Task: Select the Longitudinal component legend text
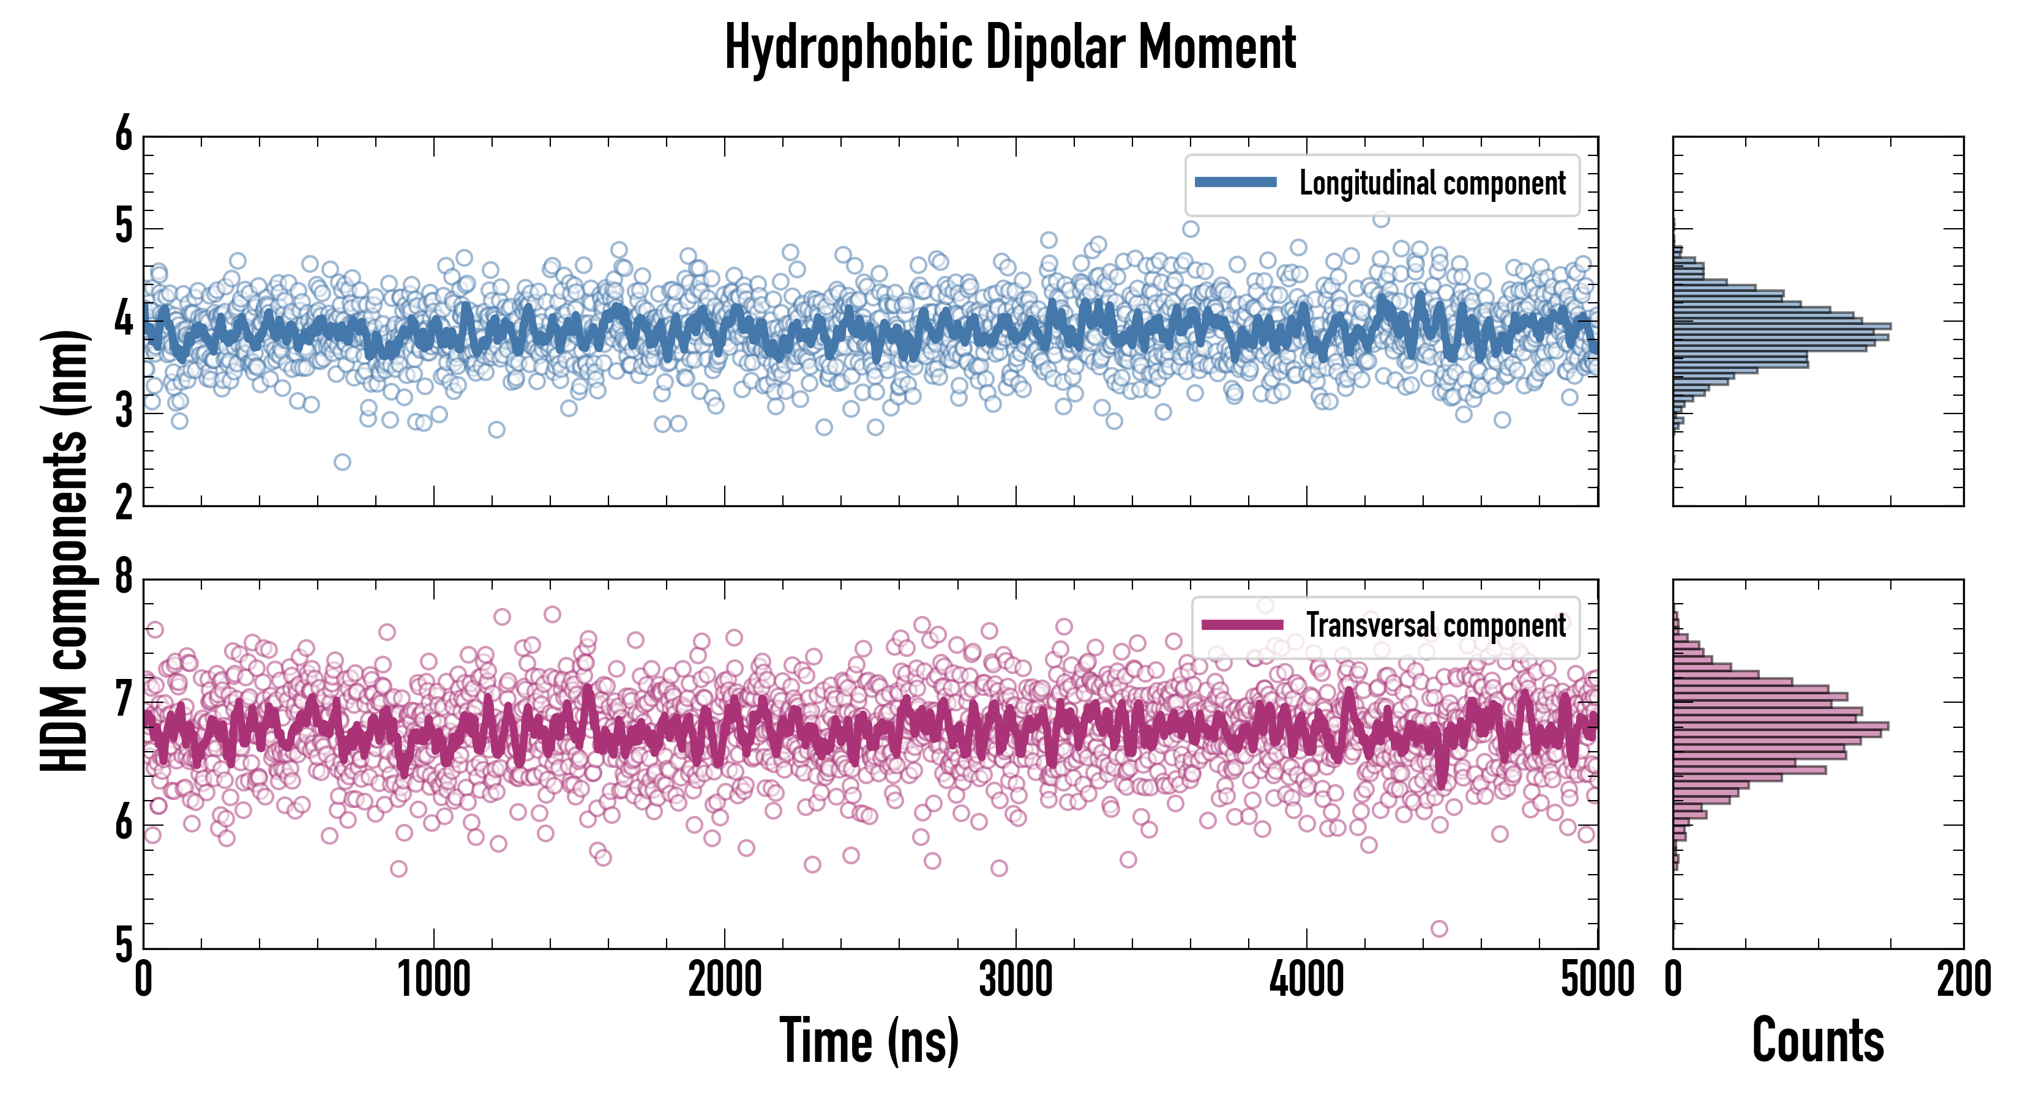point(1432,183)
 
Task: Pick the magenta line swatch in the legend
point(1241,625)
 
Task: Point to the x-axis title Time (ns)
point(869,1040)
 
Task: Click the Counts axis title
point(1817,1040)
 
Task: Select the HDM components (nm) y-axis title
point(64,549)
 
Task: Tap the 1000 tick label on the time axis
point(433,979)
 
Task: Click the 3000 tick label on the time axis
point(1016,979)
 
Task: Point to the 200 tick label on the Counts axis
point(1964,979)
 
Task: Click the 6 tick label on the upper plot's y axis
point(124,134)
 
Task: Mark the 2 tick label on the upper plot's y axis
point(124,502)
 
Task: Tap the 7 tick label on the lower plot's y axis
point(124,700)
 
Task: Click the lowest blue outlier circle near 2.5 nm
point(342,462)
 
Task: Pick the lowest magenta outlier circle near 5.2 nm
point(1439,929)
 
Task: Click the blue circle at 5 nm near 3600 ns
point(1191,229)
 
